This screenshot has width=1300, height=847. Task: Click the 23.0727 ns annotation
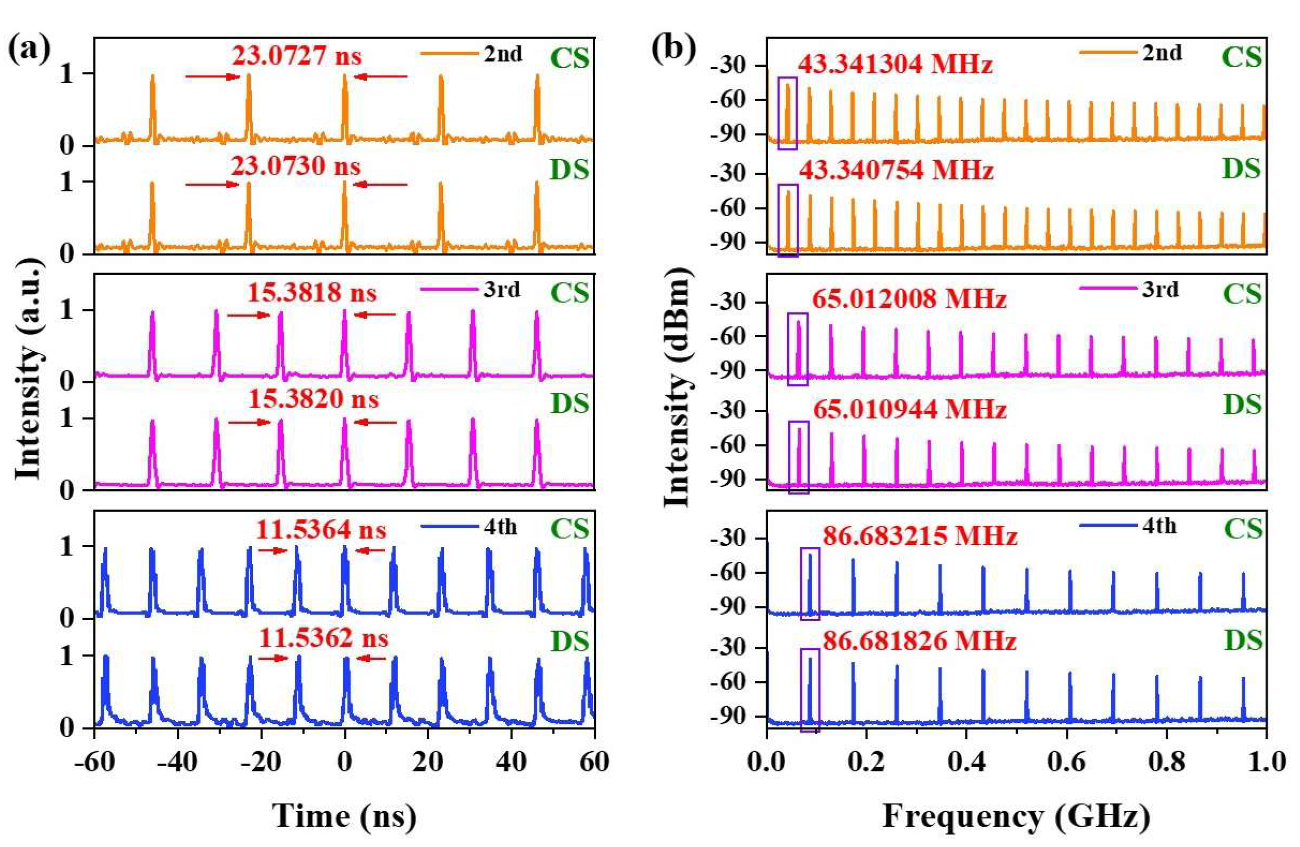[x=296, y=55]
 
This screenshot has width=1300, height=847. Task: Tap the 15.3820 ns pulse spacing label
[x=314, y=399]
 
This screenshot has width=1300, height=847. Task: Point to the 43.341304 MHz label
[x=895, y=65]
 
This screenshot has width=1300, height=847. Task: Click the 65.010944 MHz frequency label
[x=909, y=409]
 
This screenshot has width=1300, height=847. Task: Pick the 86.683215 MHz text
[x=920, y=536]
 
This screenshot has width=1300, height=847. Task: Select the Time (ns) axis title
[x=345, y=816]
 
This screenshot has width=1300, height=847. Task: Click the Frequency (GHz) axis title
[x=1016, y=816]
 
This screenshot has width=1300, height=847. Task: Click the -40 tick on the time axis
[x=177, y=762]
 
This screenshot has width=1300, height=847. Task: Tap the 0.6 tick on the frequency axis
[x=1067, y=762]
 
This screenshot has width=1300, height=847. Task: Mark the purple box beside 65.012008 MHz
[x=798, y=349]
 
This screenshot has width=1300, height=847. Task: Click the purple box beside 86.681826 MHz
[x=810, y=689]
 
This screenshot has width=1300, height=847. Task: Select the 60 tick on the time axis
[x=594, y=762]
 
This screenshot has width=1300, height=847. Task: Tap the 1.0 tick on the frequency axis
[x=1266, y=762]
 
